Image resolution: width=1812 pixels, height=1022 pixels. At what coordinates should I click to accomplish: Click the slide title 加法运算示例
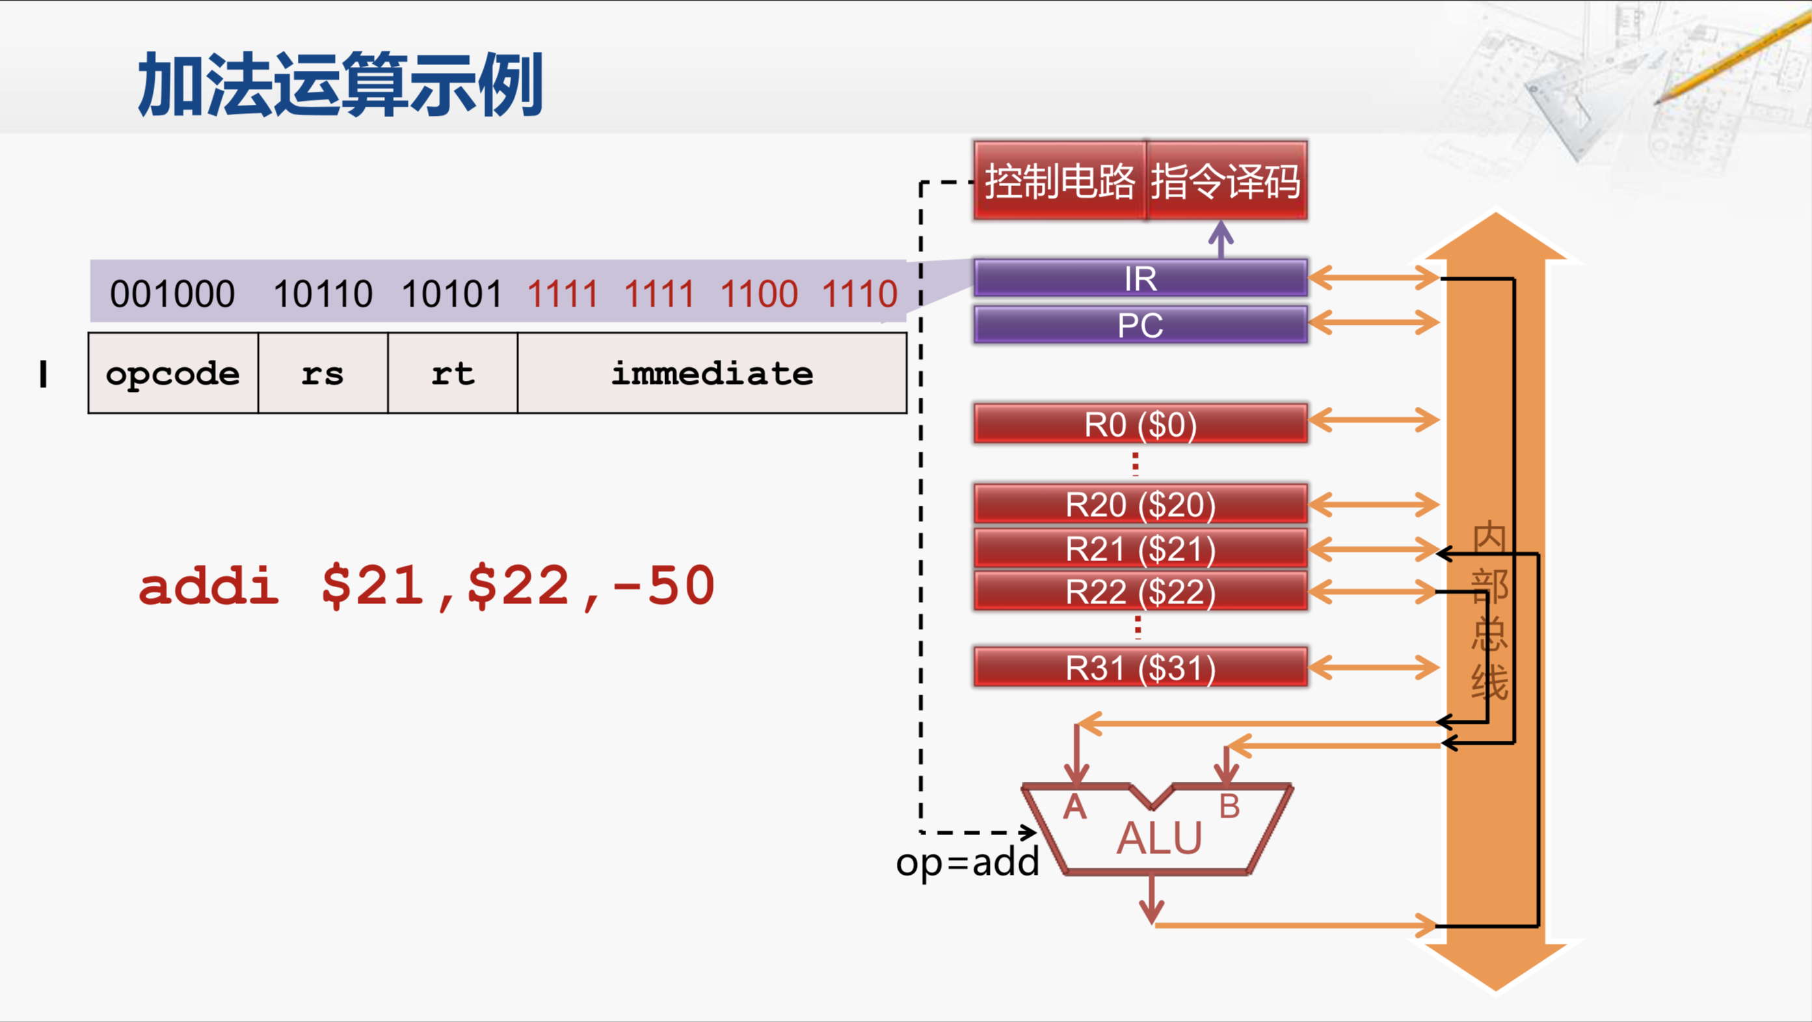click(x=340, y=85)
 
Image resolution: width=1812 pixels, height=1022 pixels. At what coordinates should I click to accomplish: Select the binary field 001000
click(x=172, y=294)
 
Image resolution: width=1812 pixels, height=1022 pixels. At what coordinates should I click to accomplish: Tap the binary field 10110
click(x=323, y=294)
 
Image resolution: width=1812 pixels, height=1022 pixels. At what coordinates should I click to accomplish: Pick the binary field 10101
click(x=451, y=294)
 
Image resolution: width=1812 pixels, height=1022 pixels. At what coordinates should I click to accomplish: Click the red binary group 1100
click(x=759, y=294)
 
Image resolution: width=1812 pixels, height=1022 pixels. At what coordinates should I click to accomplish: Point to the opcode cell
click(x=173, y=373)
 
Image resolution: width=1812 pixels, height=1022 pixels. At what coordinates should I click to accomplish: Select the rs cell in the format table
click(x=323, y=373)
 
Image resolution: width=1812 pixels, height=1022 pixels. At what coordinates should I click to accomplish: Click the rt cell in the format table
click(x=452, y=373)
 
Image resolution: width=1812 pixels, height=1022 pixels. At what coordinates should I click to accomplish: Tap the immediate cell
click(x=712, y=373)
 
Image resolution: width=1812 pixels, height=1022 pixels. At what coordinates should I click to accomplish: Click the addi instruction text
click(x=426, y=586)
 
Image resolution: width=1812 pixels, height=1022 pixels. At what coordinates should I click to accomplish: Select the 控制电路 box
click(x=1059, y=181)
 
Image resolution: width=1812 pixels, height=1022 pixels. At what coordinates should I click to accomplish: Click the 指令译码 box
click(x=1226, y=181)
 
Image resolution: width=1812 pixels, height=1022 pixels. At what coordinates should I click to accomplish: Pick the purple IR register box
click(x=1140, y=278)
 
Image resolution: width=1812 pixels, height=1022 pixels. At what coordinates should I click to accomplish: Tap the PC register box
click(x=1140, y=324)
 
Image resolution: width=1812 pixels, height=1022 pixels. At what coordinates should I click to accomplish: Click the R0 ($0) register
click(x=1140, y=424)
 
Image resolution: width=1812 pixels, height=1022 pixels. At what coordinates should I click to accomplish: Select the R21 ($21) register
click(x=1140, y=548)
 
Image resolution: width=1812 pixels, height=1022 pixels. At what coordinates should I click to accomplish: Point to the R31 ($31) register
click(x=1140, y=667)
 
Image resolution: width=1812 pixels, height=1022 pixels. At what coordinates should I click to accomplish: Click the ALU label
click(x=1159, y=838)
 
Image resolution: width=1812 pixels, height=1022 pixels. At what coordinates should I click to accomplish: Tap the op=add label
click(x=967, y=861)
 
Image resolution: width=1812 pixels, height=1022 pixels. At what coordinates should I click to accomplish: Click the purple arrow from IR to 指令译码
click(x=1221, y=240)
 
